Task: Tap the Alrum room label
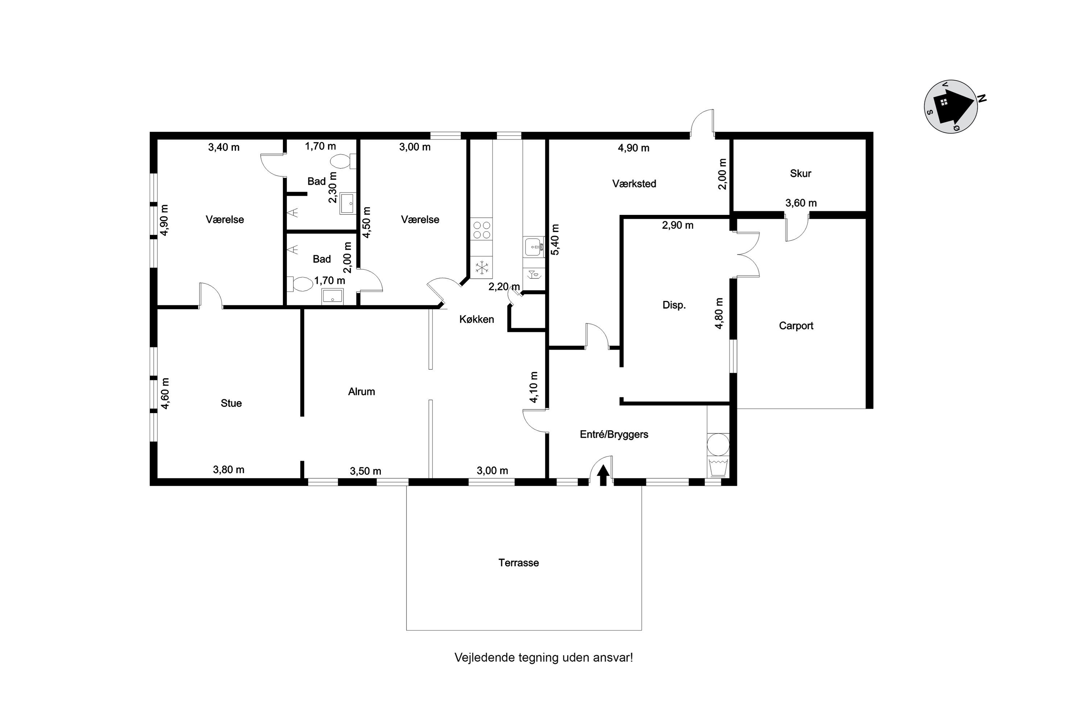click(361, 392)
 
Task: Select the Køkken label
click(477, 319)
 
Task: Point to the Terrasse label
click(519, 563)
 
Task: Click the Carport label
click(796, 326)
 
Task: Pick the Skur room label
click(800, 174)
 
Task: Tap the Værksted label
click(634, 184)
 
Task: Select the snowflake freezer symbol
click(482, 268)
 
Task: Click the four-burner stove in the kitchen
click(482, 230)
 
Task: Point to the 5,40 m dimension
click(555, 239)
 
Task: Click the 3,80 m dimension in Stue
click(228, 470)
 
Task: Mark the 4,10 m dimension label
click(533, 387)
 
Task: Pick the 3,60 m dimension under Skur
click(801, 203)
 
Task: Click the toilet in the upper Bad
click(343, 162)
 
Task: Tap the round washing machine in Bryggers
click(718, 444)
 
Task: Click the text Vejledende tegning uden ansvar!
click(544, 658)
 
